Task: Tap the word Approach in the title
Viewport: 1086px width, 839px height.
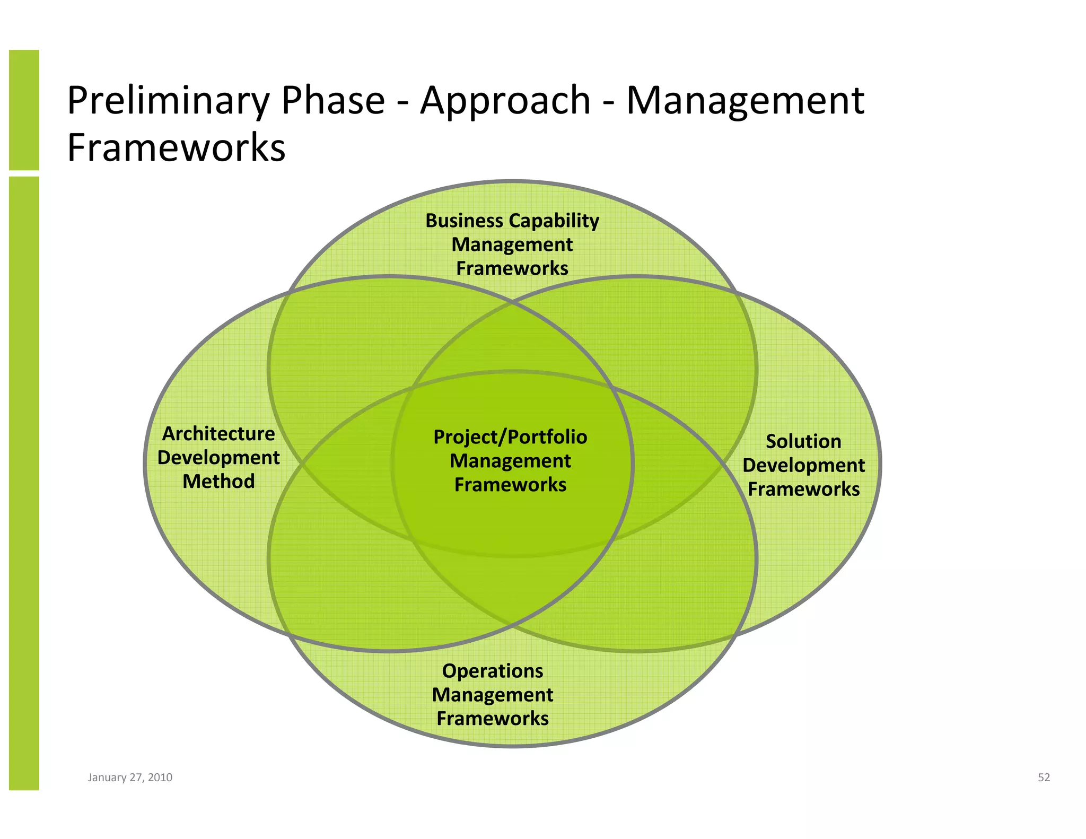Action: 505,101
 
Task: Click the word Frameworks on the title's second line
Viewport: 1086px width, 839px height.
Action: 176,147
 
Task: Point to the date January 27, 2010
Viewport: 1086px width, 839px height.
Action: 130,777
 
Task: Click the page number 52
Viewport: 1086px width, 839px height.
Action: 1044,777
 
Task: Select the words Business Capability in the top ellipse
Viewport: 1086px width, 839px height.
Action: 512,221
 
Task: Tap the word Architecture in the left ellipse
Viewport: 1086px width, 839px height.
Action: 218,434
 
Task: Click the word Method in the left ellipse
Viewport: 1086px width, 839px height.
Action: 218,482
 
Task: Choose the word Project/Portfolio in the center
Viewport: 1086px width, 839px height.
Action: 510,437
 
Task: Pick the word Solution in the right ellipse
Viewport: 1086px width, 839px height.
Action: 803,441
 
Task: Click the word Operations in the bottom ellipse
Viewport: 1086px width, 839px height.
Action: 493,671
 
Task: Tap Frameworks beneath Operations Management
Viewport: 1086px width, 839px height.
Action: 493,719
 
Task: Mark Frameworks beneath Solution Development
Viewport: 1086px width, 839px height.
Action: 803,489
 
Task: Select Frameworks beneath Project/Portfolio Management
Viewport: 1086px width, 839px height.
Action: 510,485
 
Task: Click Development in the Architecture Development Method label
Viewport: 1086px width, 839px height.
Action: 218,458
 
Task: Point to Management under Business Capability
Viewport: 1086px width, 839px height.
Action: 512,244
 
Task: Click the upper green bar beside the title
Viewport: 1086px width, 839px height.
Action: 24,110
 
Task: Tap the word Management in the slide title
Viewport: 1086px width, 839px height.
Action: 745,101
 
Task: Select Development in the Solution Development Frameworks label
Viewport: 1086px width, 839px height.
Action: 803,465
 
